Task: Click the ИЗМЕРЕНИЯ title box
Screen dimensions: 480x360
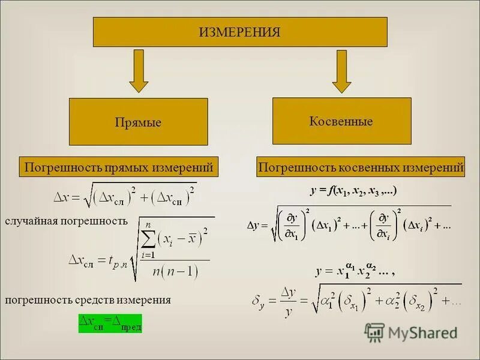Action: click(240, 32)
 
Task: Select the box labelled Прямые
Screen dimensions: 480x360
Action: click(138, 122)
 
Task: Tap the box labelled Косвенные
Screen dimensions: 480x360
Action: click(341, 121)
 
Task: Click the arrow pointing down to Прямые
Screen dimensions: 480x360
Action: click(139, 71)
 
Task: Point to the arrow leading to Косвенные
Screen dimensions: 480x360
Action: click(341, 71)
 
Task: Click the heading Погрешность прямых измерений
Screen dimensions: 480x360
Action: click(118, 167)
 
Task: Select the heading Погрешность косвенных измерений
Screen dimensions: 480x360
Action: click(361, 167)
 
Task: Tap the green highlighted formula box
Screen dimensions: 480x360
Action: click(110, 323)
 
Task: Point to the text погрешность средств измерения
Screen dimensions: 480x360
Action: click(88, 300)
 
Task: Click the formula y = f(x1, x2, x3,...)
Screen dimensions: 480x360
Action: click(353, 191)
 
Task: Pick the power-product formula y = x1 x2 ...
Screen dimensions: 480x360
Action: click(354, 271)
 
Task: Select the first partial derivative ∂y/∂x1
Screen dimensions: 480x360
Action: click(293, 226)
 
